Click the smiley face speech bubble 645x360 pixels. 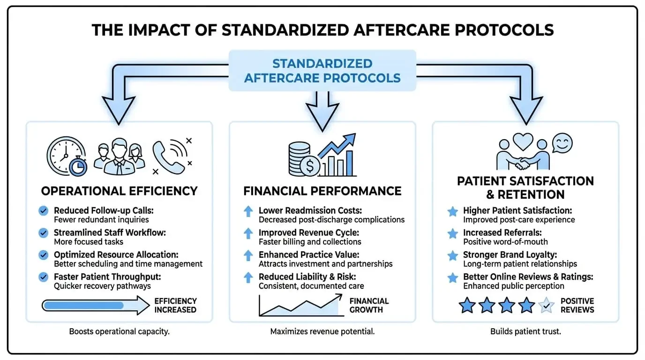pyautogui.click(x=562, y=142)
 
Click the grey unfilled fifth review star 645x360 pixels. pyautogui.click(x=547, y=306)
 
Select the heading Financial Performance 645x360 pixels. pyautogui.click(x=322, y=191)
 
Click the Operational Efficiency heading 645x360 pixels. pyautogui.click(x=119, y=191)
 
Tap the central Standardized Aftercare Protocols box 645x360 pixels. pyautogui.click(x=322, y=70)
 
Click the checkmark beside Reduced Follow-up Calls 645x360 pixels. pyautogui.click(x=44, y=211)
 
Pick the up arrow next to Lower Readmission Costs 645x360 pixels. pyautogui.click(x=248, y=211)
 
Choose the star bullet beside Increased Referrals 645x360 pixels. pyautogui.click(x=452, y=233)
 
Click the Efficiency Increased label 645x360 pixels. pyautogui.click(x=175, y=305)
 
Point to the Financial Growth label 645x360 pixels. pyautogui.click(x=369, y=305)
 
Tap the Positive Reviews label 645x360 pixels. pyautogui.click(x=577, y=305)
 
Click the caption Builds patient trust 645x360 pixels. pyautogui.click(x=525, y=331)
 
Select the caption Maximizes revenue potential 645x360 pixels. pyautogui.click(x=322, y=331)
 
